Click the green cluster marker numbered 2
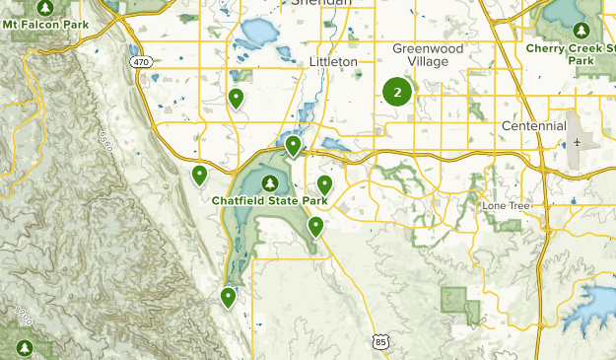point(397,93)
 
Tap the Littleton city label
point(332,61)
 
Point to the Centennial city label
point(533,126)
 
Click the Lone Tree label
point(506,205)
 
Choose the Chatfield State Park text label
point(269,201)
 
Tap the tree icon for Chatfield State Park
point(269,182)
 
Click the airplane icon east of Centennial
point(577,144)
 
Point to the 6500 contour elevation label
point(105,141)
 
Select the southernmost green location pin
point(229,296)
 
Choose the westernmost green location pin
point(199,175)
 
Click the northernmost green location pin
point(237,97)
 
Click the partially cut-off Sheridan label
point(321,3)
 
